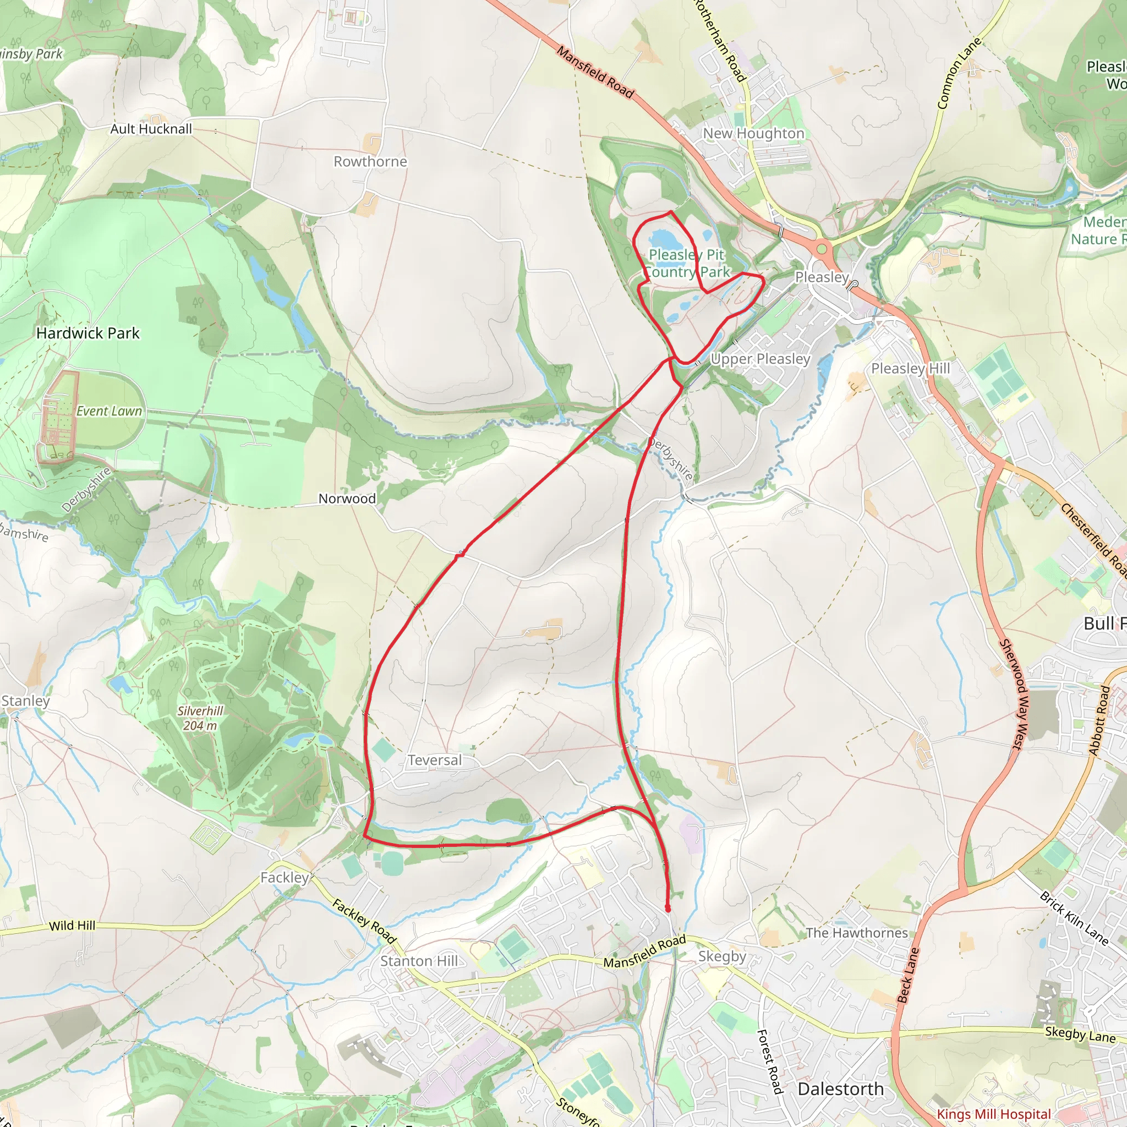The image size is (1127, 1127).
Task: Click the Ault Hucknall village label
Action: (151, 129)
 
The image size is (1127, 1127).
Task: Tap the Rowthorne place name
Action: (370, 162)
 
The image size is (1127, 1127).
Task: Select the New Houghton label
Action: (753, 134)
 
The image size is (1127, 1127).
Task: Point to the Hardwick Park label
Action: (87, 333)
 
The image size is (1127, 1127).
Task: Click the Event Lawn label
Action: (109, 411)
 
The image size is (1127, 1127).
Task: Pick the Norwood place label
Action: (347, 499)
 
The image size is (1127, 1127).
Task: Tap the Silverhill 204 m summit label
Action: (200, 718)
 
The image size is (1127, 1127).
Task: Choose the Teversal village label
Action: (434, 760)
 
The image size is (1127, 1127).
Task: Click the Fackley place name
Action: (285, 877)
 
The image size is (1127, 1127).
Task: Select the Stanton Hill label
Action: (419, 961)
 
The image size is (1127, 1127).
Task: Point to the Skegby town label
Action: (722, 956)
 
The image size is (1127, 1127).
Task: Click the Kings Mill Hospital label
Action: (993, 1114)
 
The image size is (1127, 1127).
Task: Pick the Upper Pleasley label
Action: (760, 359)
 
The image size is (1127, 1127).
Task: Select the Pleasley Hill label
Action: (910, 369)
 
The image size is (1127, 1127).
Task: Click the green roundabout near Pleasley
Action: (822, 249)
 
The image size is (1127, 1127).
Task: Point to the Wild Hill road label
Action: (72, 926)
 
